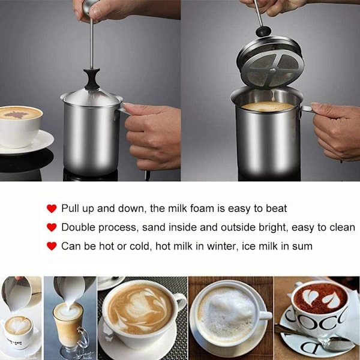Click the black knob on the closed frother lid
(x=92, y=79)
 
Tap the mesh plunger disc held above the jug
(x=271, y=62)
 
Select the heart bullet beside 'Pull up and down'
(x=52, y=208)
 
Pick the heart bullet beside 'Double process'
(x=52, y=227)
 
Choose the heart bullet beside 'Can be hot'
(x=52, y=246)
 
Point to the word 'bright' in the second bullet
(x=274, y=227)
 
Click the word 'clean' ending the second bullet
(x=343, y=227)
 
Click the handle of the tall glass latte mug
(x=83, y=337)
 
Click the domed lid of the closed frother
(x=92, y=97)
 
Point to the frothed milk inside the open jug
(x=268, y=107)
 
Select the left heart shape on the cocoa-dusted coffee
(x=310, y=297)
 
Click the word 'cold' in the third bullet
(x=140, y=247)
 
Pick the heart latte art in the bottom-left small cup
(x=19, y=325)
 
